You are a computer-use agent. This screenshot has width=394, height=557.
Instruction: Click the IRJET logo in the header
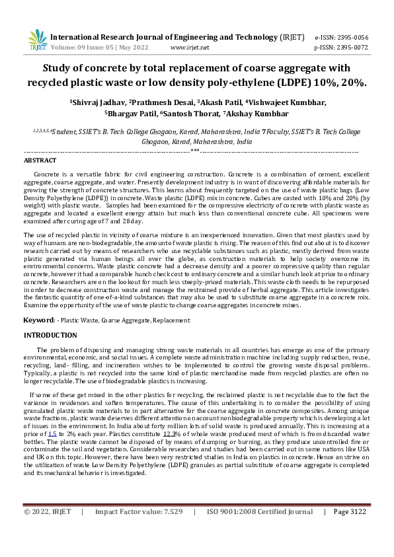38,41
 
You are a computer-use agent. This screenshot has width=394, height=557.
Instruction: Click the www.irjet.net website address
190,48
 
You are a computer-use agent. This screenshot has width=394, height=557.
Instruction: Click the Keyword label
39,320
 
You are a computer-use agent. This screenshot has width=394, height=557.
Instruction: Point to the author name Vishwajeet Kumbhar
289,102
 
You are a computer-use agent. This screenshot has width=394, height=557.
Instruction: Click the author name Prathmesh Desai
163,102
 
